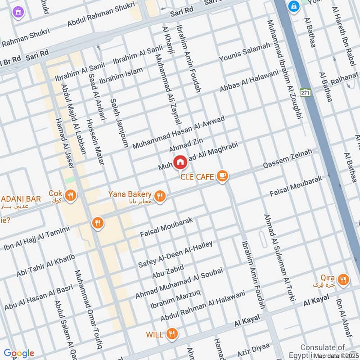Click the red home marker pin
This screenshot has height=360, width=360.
(x=180, y=162)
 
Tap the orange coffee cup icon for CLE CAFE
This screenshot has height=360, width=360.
(x=221, y=176)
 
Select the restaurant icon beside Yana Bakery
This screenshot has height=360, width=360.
(x=159, y=196)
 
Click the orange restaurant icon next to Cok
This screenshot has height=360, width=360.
(x=70, y=195)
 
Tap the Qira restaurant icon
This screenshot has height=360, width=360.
(x=343, y=280)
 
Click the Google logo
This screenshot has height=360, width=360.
(x=18, y=353)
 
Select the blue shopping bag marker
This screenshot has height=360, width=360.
(x=294, y=7)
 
